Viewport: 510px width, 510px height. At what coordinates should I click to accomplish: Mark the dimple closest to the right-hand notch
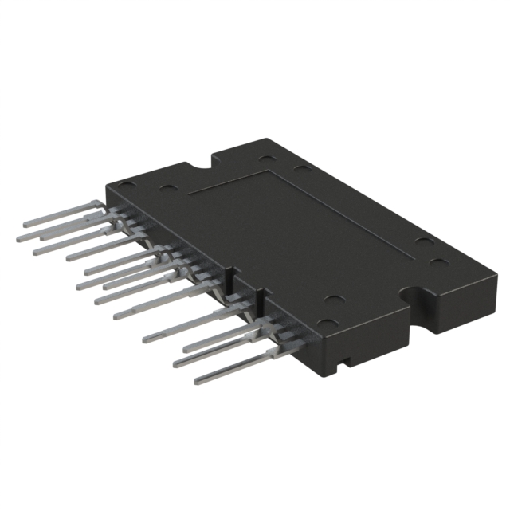[435, 262]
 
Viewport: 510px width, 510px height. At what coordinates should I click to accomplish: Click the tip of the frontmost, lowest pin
[196, 380]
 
